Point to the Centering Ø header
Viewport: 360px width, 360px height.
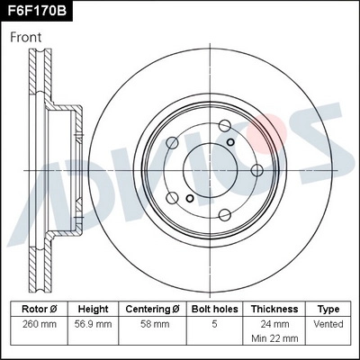pos(153,309)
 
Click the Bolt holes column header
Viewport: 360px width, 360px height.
pos(213,309)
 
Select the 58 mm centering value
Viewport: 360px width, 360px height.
pos(153,321)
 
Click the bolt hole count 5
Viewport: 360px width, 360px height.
pos(213,321)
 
